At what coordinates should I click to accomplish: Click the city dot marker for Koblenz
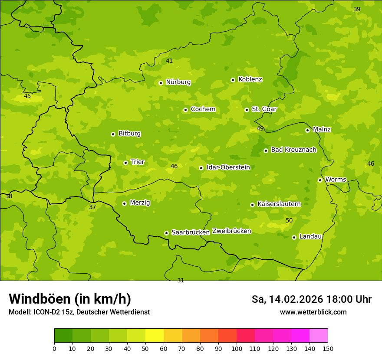[233, 80]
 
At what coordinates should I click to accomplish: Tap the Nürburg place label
[178, 82]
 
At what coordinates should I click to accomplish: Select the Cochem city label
[203, 109]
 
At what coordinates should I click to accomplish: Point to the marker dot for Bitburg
[113, 134]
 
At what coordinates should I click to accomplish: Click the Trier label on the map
[138, 162]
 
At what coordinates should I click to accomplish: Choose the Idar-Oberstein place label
[228, 167]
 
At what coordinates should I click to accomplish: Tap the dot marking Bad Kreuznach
[266, 151]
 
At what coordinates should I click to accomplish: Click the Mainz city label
[322, 130]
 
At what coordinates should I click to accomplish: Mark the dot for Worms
[320, 180]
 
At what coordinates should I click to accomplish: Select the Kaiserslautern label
[279, 204]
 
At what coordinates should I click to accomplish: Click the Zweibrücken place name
[231, 231]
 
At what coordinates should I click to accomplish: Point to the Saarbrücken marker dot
[166, 233]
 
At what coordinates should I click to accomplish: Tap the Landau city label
[310, 237]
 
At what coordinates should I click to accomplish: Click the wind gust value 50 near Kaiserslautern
[289, 221]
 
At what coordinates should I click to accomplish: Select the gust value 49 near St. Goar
[260, 129]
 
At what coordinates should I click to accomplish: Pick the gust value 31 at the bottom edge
[181, 281]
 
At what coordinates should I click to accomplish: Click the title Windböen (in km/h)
[70, 299]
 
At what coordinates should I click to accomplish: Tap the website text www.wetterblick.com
[313, 312]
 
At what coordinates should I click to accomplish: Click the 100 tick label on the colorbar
[237, 348]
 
